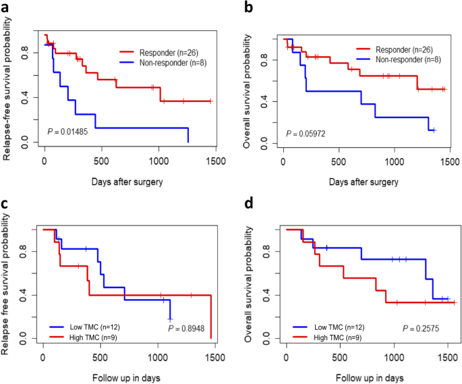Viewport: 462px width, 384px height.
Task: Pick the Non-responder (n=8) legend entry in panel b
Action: click(403, 59)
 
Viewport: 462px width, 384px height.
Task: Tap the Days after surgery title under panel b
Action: click(365, 182)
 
